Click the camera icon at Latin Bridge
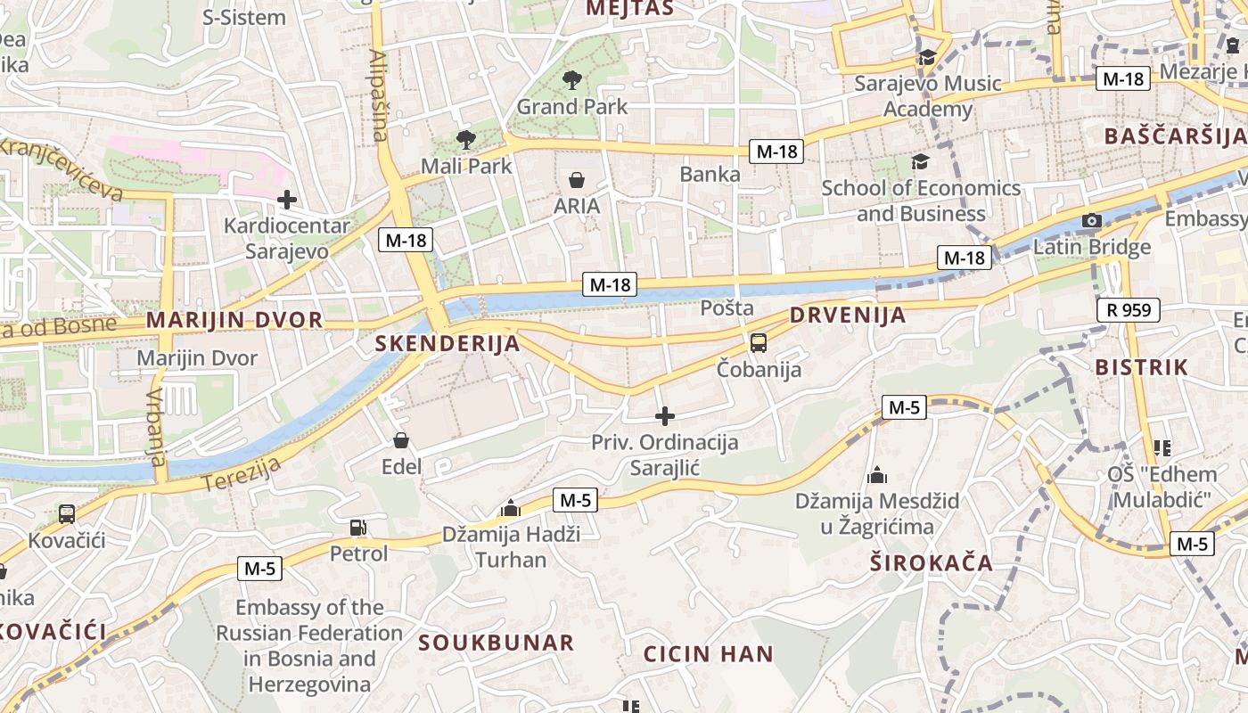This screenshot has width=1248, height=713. pos(1091,220)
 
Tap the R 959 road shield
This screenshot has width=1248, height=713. pos(1129,310)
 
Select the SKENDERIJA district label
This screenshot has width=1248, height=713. pos(447,343)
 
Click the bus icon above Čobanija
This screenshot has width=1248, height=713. pos(759,342)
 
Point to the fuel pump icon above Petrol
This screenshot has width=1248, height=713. pos(357,528)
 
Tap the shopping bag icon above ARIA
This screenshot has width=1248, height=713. pos(577,180)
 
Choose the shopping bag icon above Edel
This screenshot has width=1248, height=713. pos(401,440)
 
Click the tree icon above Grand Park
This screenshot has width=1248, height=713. pos(572,80)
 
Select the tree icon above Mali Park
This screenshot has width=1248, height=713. pos(465,139)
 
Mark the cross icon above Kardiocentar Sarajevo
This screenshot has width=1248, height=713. pos(286,199)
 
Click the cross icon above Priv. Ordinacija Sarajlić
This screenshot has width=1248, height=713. pos(664,415)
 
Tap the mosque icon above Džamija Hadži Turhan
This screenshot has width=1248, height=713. pos(511,508)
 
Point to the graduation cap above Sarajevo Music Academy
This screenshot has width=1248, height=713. pos(927,58)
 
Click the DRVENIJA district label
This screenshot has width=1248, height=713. pos(847,315)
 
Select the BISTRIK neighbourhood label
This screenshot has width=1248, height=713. pos(1142,366)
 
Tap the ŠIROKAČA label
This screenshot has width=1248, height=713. pos(932,562)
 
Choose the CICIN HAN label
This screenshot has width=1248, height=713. pos(709,653)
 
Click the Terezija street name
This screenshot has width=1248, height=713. pos(242,473)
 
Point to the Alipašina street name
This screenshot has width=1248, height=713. pos(379,95)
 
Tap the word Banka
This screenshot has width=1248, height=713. pos(710,174)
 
